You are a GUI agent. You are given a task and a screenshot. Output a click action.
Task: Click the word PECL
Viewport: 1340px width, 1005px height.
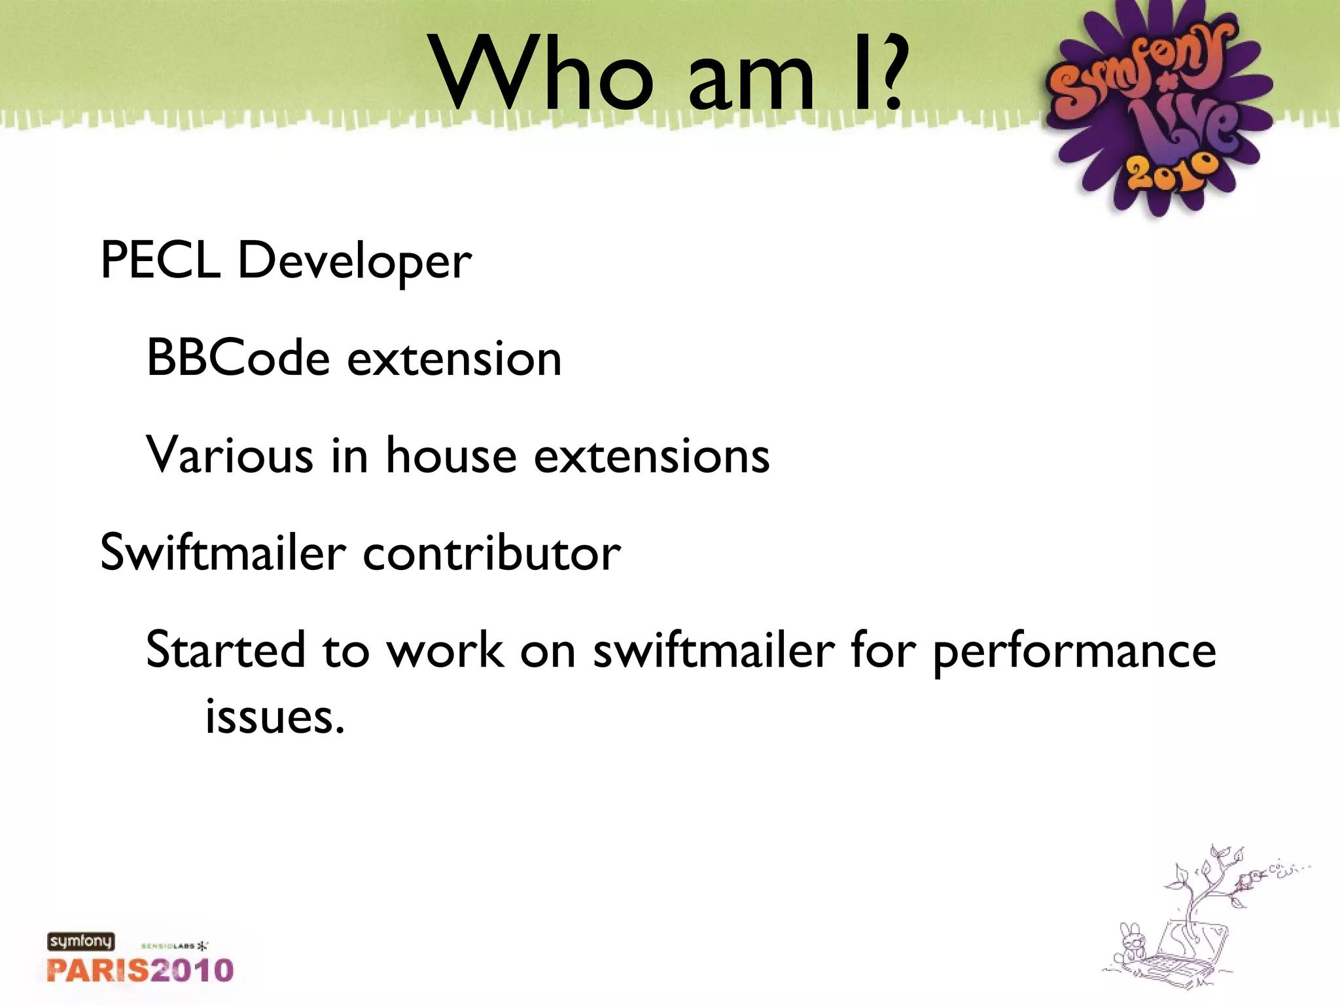(x=160, y=260)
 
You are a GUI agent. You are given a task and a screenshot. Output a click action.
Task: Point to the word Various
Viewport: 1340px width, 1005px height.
(x=230, y=455)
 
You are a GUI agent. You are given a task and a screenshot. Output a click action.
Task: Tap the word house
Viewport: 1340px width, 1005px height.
(x=451, y=455)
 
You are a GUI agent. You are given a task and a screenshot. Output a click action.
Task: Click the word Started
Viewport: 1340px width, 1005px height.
(x=225, y=650)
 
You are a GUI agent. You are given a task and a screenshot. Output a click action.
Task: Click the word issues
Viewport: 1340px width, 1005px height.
(x=274, y=716)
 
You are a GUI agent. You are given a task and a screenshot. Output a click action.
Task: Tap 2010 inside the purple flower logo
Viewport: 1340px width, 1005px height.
(x=1172, y=173)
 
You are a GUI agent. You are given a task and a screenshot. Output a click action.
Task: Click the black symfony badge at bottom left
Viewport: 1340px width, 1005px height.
(x=80, y=942)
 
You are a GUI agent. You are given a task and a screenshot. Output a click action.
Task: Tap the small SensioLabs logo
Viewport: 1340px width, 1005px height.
(x=174, y=946)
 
